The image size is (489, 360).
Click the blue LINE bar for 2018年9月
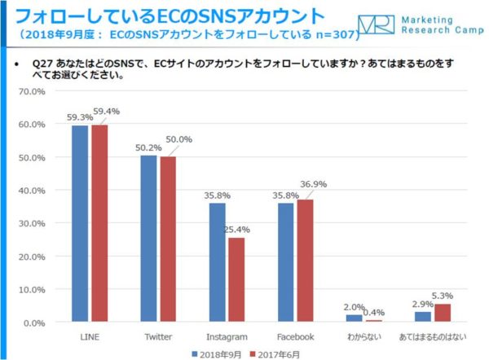(80, 224)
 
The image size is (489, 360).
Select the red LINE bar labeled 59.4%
(99, 224)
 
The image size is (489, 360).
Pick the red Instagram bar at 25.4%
(236, 280)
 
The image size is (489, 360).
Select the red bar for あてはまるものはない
(443, 314)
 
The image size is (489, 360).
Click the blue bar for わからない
(354, 318)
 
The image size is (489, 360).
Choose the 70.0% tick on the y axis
(32, 91)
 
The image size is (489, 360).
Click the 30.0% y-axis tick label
(32, 223)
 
